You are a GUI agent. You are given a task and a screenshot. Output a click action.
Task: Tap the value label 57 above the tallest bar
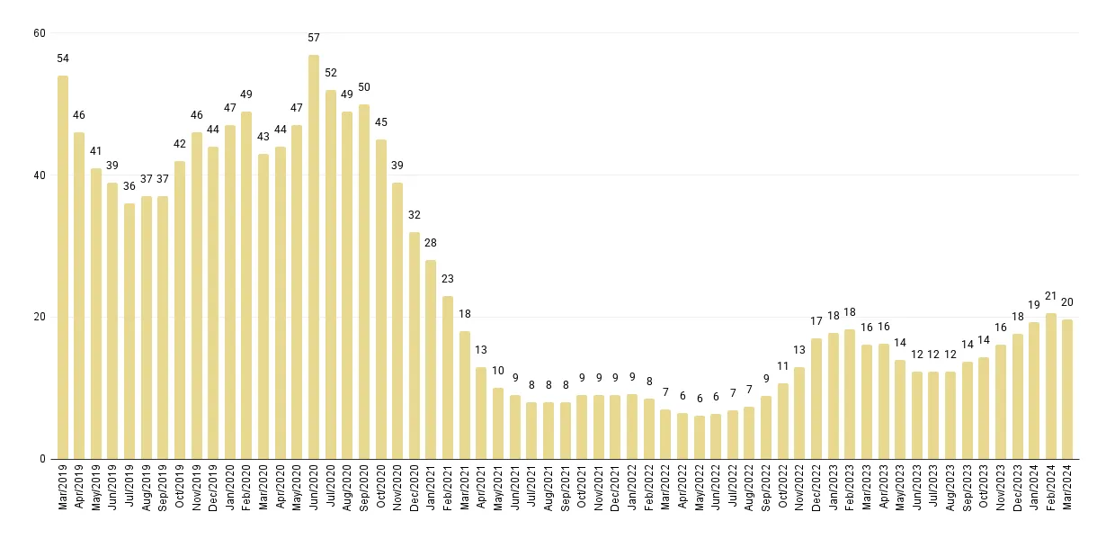pos(314,38)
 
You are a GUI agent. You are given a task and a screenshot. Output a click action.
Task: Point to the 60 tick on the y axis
pos(39,33)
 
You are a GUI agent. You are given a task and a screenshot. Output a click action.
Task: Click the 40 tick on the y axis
pos(39,175)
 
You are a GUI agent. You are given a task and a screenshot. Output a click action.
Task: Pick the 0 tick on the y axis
pos(42,459)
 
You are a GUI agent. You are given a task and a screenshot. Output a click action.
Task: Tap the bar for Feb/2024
pos(1050,386)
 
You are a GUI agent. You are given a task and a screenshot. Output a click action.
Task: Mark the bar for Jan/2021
pos(431,359)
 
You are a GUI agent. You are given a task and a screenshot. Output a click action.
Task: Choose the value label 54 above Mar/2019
pos(63,58)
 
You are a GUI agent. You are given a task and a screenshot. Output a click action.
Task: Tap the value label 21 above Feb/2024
pos(1050,296)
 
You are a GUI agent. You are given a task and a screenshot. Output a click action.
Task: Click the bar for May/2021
pos(498,423)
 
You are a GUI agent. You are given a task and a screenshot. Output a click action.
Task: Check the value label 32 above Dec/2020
pos(415,215)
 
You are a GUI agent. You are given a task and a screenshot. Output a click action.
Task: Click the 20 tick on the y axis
pos(39,317)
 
